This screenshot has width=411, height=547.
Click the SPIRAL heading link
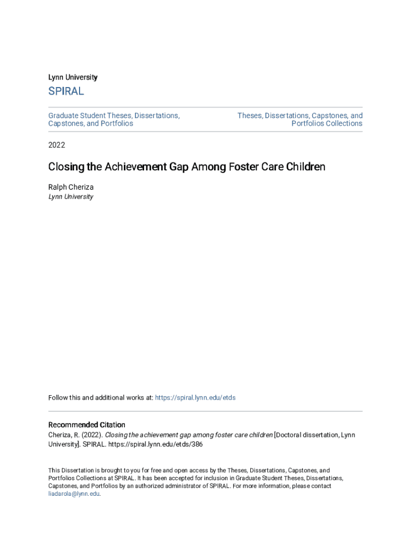click(x=66, y=91)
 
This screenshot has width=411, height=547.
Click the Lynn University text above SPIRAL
click(x=73, y=77)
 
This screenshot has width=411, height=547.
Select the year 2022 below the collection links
click(x=57, y=145)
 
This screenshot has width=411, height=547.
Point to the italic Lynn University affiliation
click(x=70, y=197)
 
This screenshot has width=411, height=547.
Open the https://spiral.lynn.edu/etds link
click(x=195, y=397)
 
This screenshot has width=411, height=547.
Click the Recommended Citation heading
click(x=86, y=425)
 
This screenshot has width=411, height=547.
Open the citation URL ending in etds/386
click(x=156, y=444)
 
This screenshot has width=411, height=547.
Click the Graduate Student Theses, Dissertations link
click(x=114, y=115)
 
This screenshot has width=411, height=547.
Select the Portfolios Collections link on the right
click(x=327, y=123)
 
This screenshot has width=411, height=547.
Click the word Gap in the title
click(x=188, y=167)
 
